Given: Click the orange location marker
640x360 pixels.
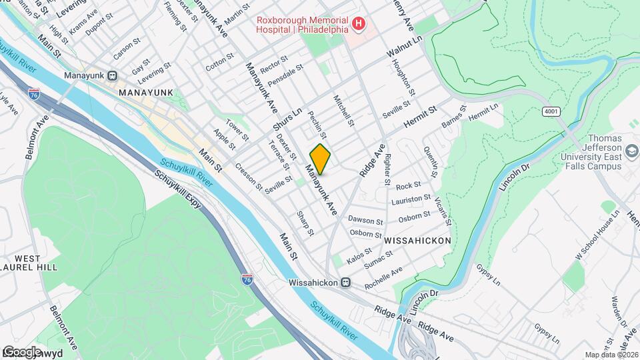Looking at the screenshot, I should [320, 159].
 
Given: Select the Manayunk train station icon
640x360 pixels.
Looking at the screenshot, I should [113, 75].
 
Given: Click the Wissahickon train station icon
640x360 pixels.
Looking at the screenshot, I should [346, 282].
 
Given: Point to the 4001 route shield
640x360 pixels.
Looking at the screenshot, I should [550, 111].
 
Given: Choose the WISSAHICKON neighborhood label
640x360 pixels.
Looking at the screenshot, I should [418, 240].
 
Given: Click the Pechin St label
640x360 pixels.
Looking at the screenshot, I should [317, 124].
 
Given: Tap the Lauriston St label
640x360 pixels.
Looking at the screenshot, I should [411, 199].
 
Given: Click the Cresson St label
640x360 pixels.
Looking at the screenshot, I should [248, 176].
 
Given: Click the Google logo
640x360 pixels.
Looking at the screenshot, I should [22, 351].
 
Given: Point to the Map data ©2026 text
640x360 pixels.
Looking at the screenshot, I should [611, 355].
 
